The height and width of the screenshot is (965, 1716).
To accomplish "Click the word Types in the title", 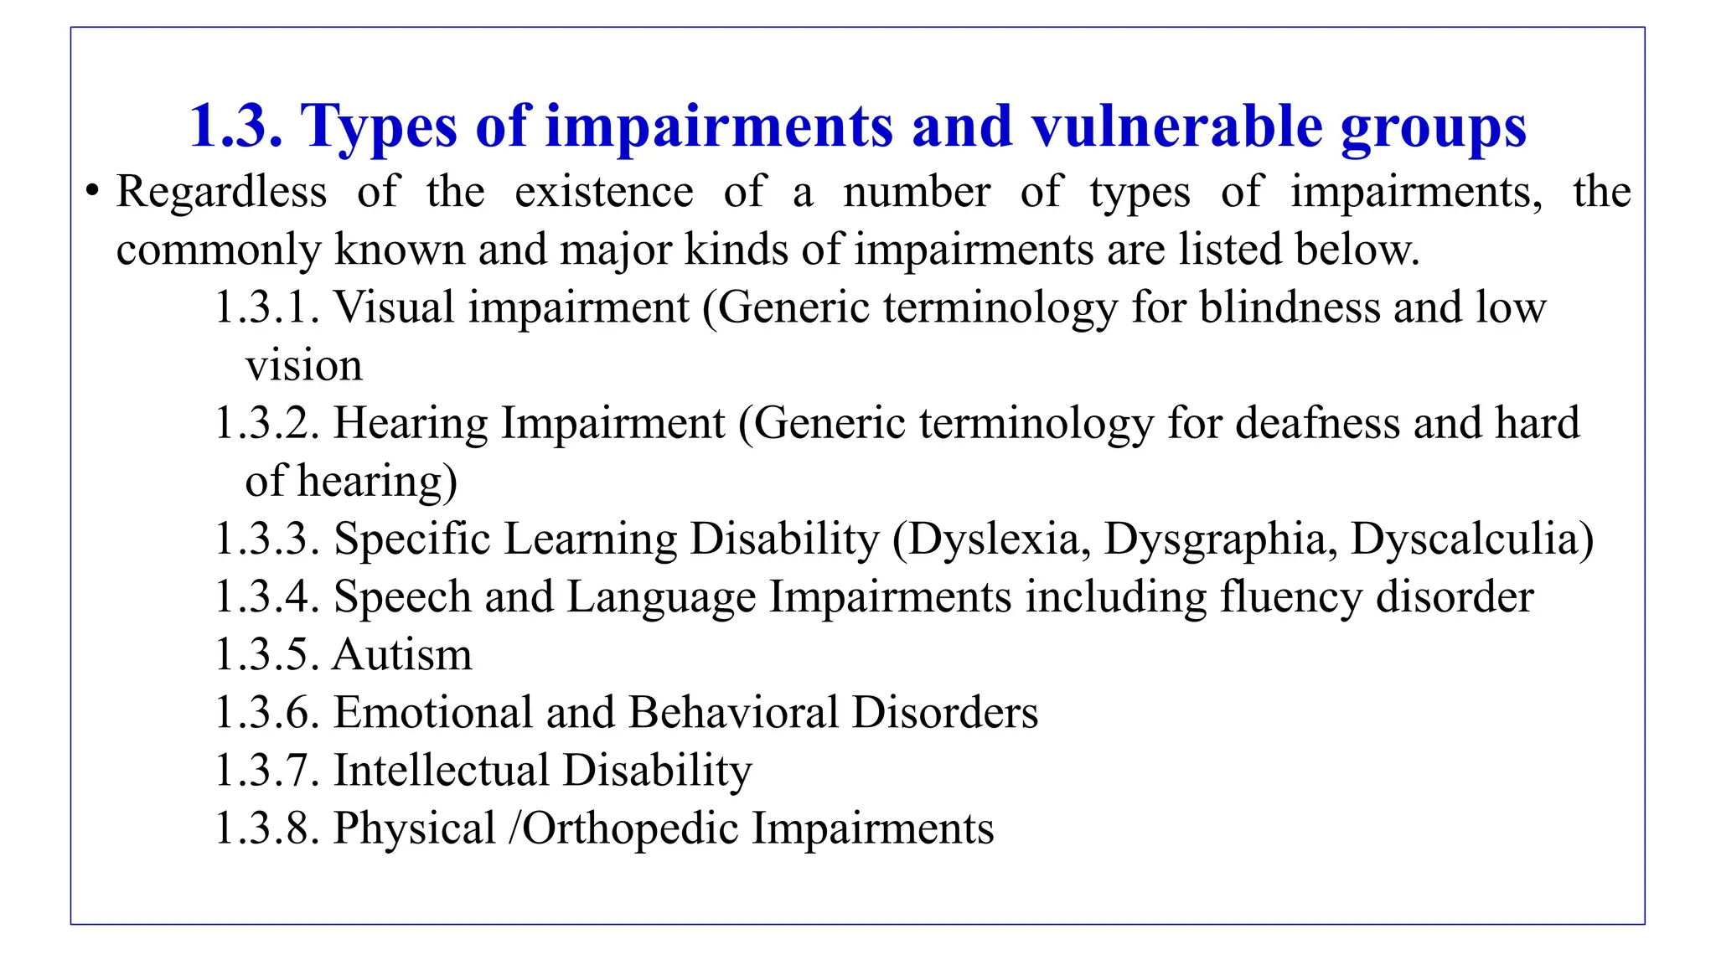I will pyautogui.click(x=379, y=127).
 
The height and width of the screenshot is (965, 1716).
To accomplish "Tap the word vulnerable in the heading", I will pyautogui.click(x=1176, y=127).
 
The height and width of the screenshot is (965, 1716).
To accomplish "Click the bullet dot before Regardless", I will pyautogui.click(x=92, y=191).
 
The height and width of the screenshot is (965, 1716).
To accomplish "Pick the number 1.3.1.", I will pyautogui.click(x=266, y=307).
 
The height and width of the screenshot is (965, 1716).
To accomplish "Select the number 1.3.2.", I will pyautogui.click(x=266, y=423).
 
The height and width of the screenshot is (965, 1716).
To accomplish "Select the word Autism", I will pyautogui.click(x=402, y=654).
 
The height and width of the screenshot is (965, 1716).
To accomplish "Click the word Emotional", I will pyautogui.click(x=433, y=713).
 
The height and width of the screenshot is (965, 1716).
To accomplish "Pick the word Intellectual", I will pyautogui.click(x=442, y=771).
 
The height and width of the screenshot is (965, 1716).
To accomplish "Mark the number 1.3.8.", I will pyautogui.click(x=266, y=828).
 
